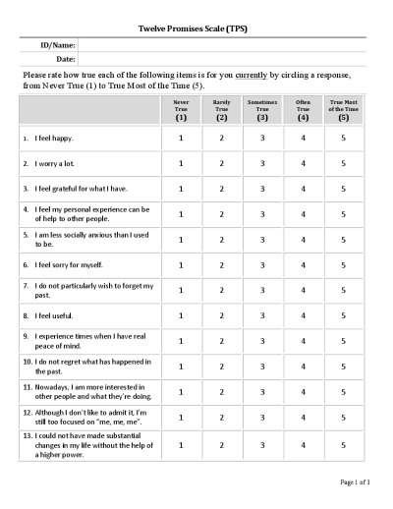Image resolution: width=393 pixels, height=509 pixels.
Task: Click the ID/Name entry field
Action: (221, 44)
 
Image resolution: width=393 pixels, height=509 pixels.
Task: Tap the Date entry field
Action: (221, 59)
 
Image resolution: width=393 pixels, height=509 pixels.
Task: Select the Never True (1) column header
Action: (181, 109)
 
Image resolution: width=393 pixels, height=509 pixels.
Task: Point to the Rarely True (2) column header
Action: (221, 109)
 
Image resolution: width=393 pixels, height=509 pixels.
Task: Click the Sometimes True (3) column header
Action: (262, 109)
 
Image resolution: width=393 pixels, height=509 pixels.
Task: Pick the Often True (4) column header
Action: (303, 109)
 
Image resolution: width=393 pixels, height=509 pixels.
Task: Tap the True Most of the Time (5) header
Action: (343, 109)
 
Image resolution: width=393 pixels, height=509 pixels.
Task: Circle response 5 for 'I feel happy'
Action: (343, 138)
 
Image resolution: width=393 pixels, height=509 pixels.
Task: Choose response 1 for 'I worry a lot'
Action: (181, 163)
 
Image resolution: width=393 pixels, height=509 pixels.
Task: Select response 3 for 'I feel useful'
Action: (262, 315)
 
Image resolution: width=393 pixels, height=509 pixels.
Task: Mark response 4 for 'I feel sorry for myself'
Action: (303, 264)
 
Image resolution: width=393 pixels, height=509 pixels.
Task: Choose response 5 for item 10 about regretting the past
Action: (343, 367)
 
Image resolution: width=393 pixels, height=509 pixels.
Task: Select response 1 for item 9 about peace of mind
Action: (181, 341)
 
